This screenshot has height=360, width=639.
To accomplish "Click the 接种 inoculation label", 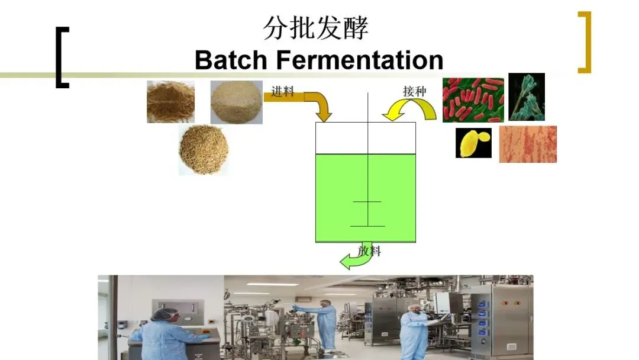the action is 414,92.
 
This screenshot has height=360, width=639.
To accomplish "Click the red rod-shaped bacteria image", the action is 473,99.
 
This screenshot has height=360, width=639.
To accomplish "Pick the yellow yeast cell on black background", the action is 473,143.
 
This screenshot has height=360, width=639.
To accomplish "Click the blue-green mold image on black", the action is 527,97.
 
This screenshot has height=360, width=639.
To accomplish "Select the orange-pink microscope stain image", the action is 528,144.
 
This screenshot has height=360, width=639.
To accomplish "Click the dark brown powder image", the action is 170,101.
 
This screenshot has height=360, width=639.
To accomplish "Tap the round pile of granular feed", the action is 204,149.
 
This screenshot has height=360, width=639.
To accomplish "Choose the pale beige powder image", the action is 236,102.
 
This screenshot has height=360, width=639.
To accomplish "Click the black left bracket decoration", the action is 62,57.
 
